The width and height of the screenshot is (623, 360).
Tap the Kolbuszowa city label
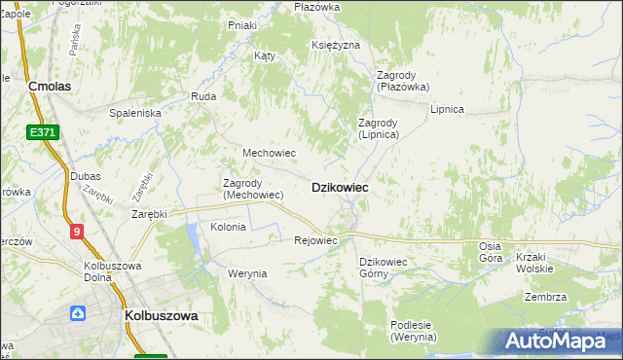[162, 316]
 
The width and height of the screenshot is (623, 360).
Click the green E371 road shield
[42, 131]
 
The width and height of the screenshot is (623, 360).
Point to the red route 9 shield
[77, 231]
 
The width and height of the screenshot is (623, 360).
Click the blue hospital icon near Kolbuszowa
[77, 313]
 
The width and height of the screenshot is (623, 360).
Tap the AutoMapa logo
[563, 342]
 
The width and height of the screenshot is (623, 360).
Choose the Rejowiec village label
[315, 240]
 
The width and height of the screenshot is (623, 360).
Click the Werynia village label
[247, 273]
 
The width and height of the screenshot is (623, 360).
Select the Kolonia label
[228, 227]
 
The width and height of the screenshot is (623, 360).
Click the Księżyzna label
[336, 46]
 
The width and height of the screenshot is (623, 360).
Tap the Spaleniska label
[134, 113]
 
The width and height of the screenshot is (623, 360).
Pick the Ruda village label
[203, 96]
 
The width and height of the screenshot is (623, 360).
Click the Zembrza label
[545, 297]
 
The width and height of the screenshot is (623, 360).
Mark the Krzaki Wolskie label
[541, 263]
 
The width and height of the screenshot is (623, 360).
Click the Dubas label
[85, 176]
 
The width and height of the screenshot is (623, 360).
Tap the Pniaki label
[241, 25]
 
